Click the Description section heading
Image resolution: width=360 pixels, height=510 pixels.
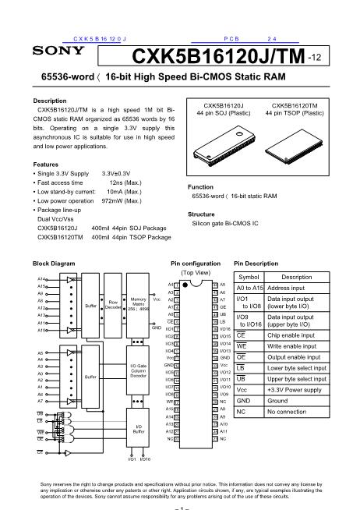tap(50, 101)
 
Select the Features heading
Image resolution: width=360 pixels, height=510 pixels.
tap(46, 165)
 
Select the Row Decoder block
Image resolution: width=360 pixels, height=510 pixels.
tap(113, 305)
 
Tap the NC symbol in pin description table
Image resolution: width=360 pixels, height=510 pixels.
tap(242, 411)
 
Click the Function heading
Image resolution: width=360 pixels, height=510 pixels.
tap(202, 187)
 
